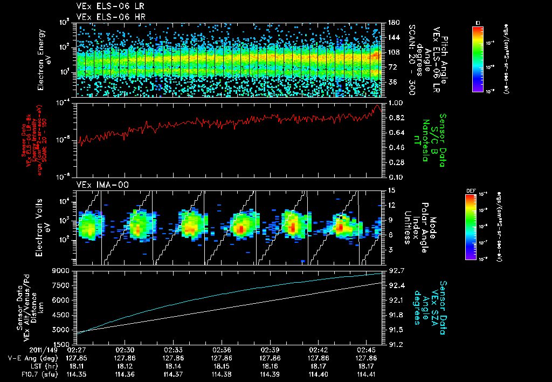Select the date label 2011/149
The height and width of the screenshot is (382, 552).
tap(23, 350)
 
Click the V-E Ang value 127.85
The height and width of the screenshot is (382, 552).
tap(77, 358)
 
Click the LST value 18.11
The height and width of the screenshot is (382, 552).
tap(77, 365)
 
